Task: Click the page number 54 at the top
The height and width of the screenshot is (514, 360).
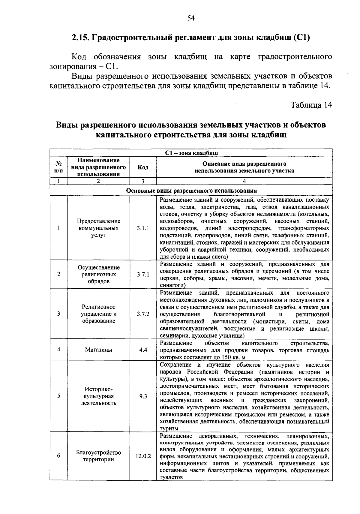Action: click(x=191, y=18)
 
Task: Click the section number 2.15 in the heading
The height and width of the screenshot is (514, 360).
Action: click(x=79, y=38)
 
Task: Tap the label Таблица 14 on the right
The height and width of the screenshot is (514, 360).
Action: click(x=311, y=105)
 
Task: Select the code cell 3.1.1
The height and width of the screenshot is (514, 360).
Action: click(x=143, y=228)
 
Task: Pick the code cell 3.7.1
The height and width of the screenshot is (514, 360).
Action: click(x=143, y=275)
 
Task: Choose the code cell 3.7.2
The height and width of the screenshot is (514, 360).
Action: click(x=143, y=314)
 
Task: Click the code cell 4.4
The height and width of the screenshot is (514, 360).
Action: click(x=143, y=350)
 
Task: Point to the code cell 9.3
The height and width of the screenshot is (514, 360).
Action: click(x=143, y=396)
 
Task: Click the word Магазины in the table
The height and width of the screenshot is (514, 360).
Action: click(x=98, y=350)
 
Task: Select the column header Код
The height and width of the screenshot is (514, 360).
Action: click(x=143, y=167)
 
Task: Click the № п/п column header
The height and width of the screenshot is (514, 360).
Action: click(x=59, y=167)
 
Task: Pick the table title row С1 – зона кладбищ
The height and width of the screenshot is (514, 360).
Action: click(x=191, y=153)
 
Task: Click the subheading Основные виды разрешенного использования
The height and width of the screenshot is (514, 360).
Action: click(x=191, y=191)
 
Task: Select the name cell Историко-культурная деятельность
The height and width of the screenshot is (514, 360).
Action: click(x=98, y=396)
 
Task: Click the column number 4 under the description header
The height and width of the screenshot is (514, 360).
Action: click(x=244, y=181)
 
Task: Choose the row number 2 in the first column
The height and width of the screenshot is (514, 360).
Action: click(x=59, y=275)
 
